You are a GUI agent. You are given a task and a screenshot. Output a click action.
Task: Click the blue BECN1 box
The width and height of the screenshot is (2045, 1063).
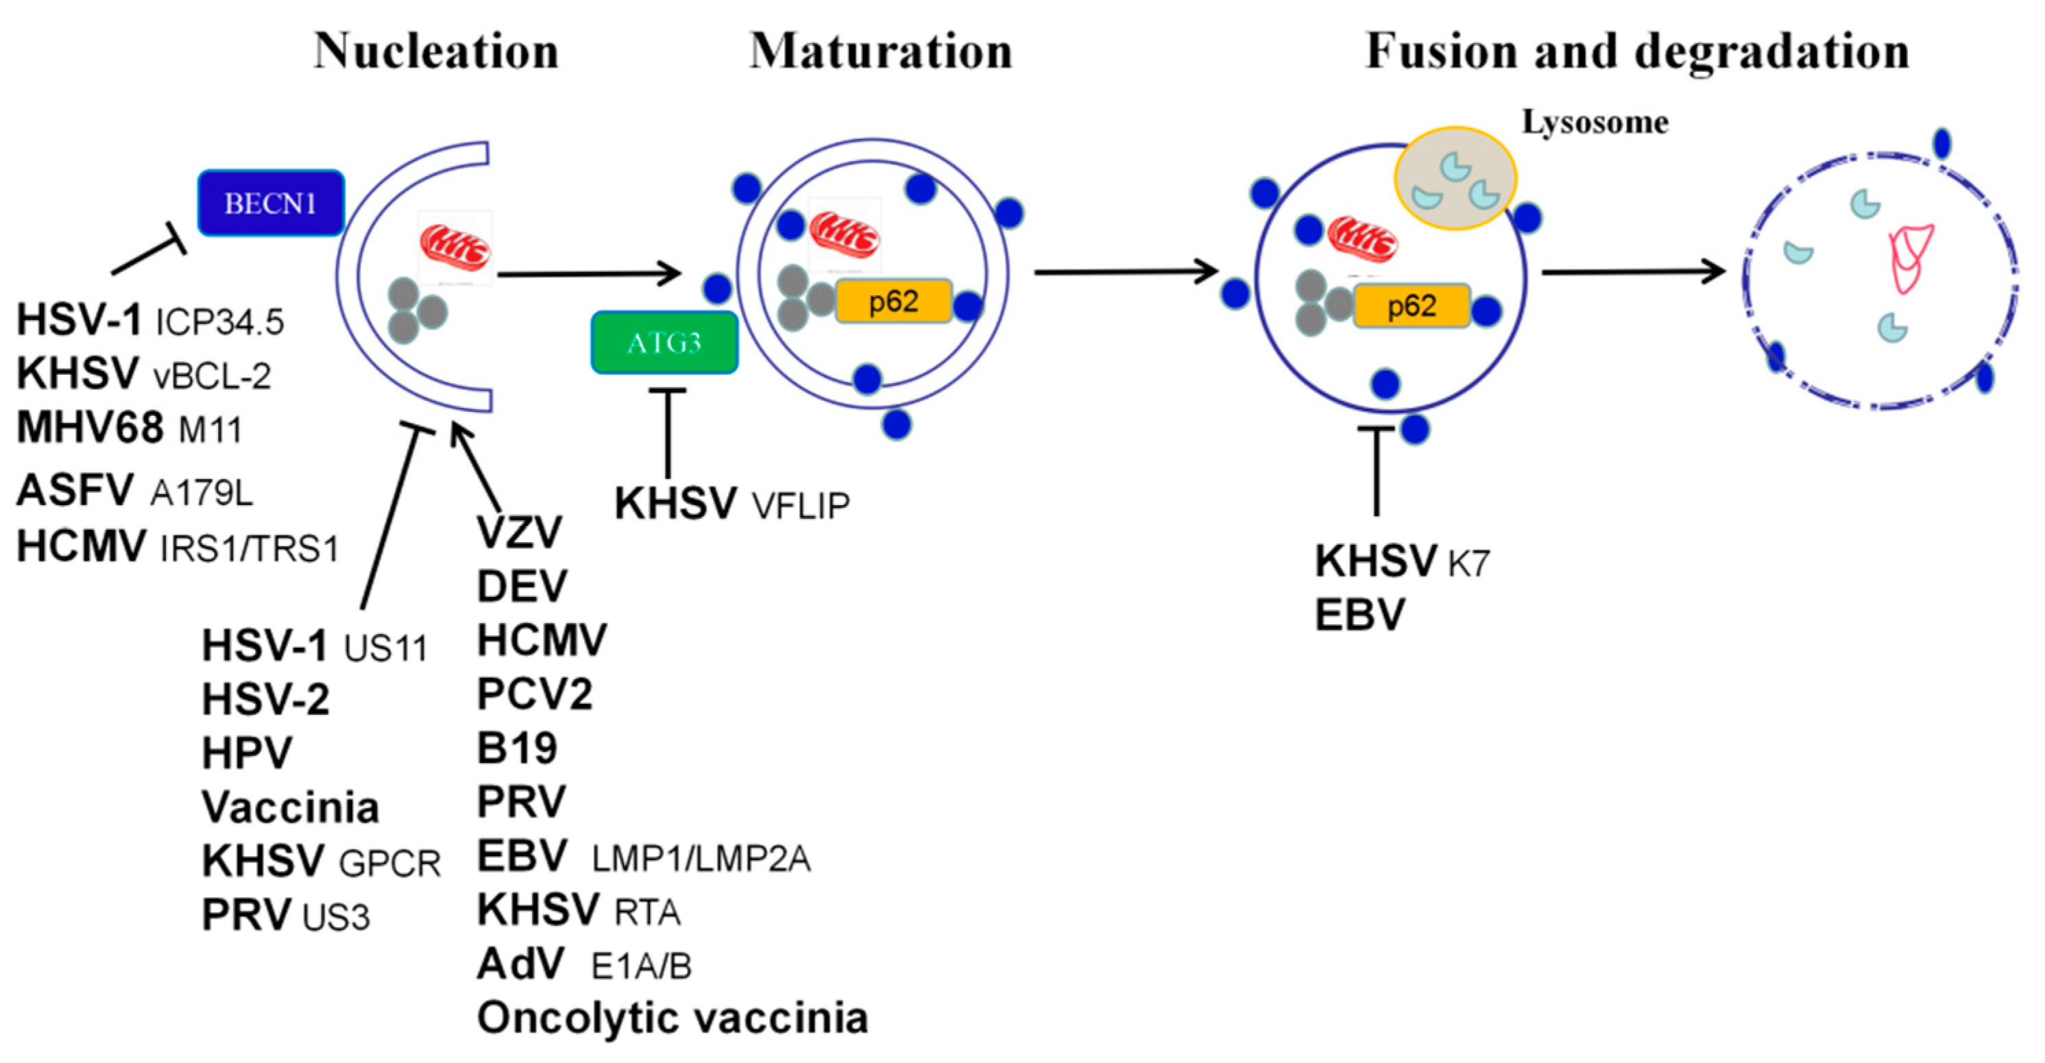271,204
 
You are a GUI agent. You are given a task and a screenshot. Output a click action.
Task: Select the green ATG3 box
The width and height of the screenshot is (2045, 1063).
664,342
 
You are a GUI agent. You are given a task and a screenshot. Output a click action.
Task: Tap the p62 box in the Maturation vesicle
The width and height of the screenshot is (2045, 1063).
893,302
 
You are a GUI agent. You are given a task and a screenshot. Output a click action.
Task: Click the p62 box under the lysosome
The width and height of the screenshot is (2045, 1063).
1412,306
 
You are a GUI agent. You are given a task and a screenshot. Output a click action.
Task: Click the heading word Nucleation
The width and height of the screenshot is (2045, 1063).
436,51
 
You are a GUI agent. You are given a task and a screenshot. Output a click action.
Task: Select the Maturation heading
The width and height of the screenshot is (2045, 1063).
881,51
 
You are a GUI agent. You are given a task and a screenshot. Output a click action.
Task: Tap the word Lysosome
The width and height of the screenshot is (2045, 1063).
1594,122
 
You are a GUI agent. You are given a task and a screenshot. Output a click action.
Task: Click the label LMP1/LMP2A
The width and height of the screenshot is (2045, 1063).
701,859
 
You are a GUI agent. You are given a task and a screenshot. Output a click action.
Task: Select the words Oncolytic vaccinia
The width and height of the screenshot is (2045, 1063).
673,1018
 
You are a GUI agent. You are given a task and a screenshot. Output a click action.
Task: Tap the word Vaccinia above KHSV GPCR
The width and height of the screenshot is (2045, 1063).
291,807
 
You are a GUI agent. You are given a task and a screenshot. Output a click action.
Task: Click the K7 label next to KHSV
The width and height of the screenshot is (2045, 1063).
1468,563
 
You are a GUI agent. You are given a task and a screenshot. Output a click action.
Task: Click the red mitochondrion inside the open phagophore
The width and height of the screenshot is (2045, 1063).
456,247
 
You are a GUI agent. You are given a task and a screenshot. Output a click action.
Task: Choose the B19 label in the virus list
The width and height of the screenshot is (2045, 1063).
517,748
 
